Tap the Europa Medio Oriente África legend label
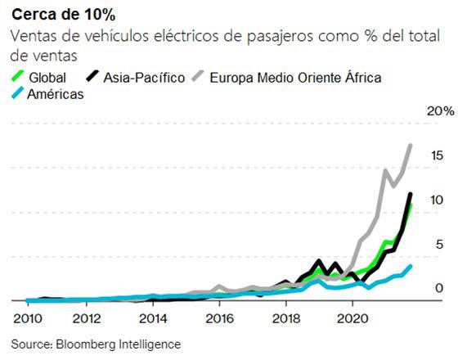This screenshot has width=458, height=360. pos(295,78)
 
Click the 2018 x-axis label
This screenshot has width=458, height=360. pos(285,318)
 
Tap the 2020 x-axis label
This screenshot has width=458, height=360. pos(351,318)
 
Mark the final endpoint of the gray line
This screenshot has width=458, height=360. pos(411,145)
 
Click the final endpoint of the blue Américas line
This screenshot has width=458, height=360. pos(411,265)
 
